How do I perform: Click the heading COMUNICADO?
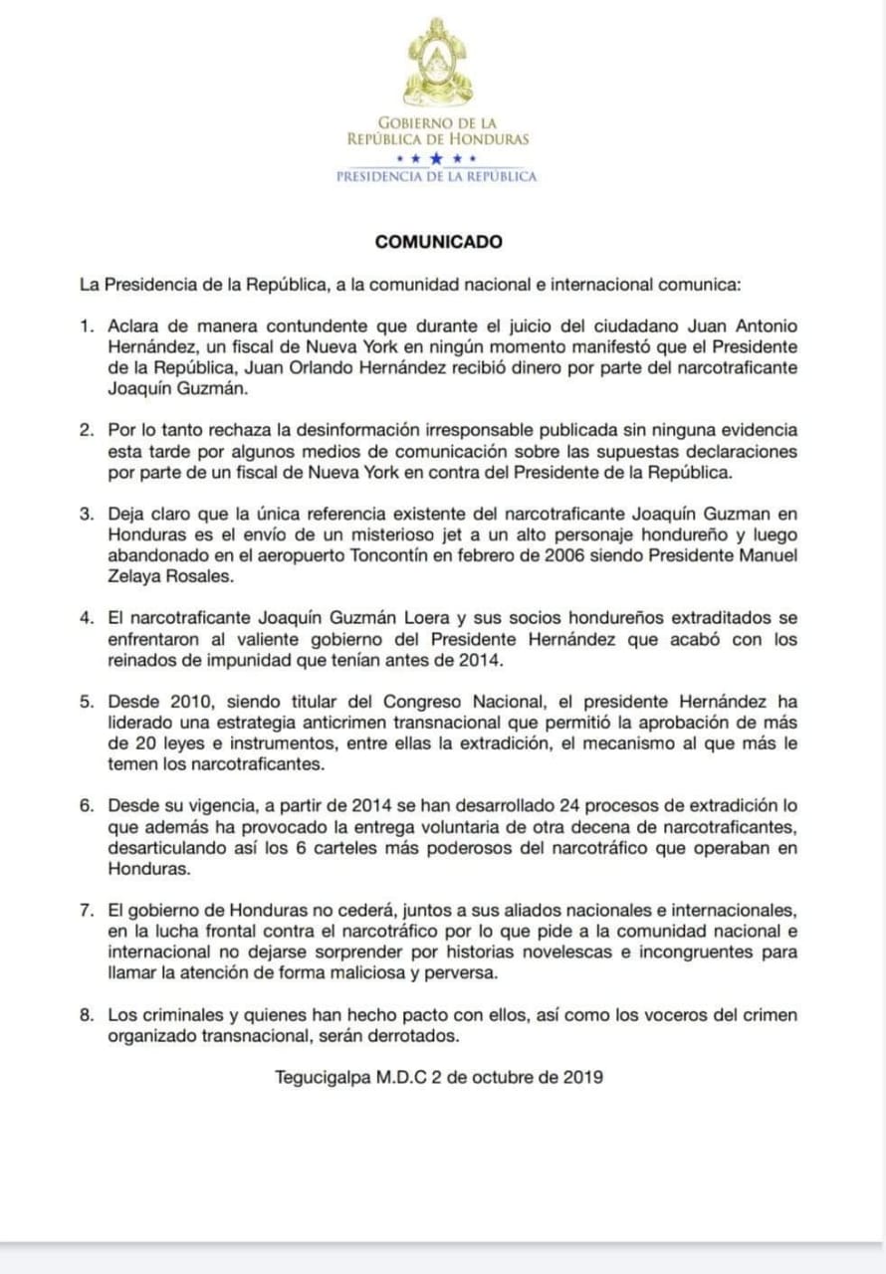point(438,242)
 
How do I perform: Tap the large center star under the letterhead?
point(438,158)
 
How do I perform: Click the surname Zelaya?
point(132,575)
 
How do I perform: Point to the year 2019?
point(582,1077)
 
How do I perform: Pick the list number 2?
point(88,430)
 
